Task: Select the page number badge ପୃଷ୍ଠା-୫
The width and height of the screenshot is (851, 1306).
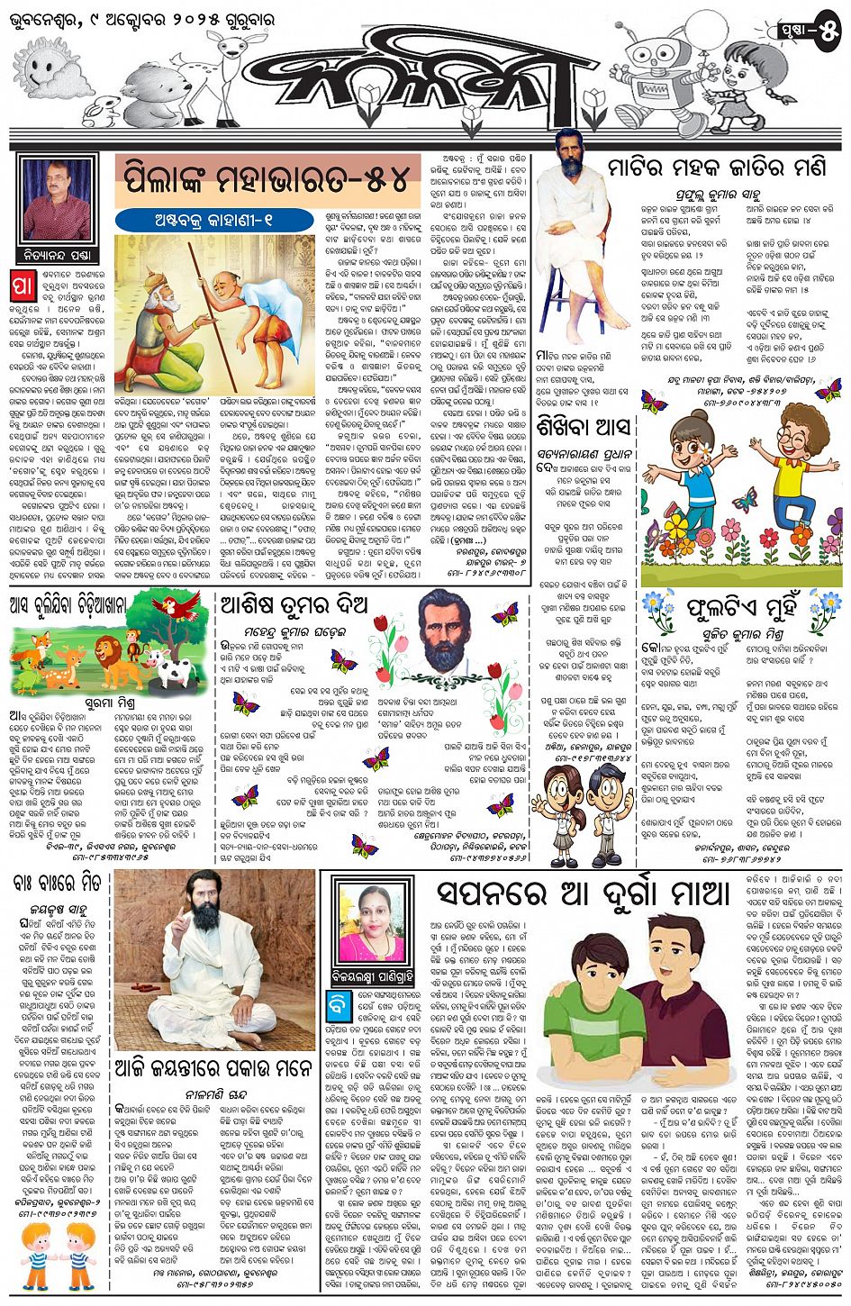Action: tap(810, 32)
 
